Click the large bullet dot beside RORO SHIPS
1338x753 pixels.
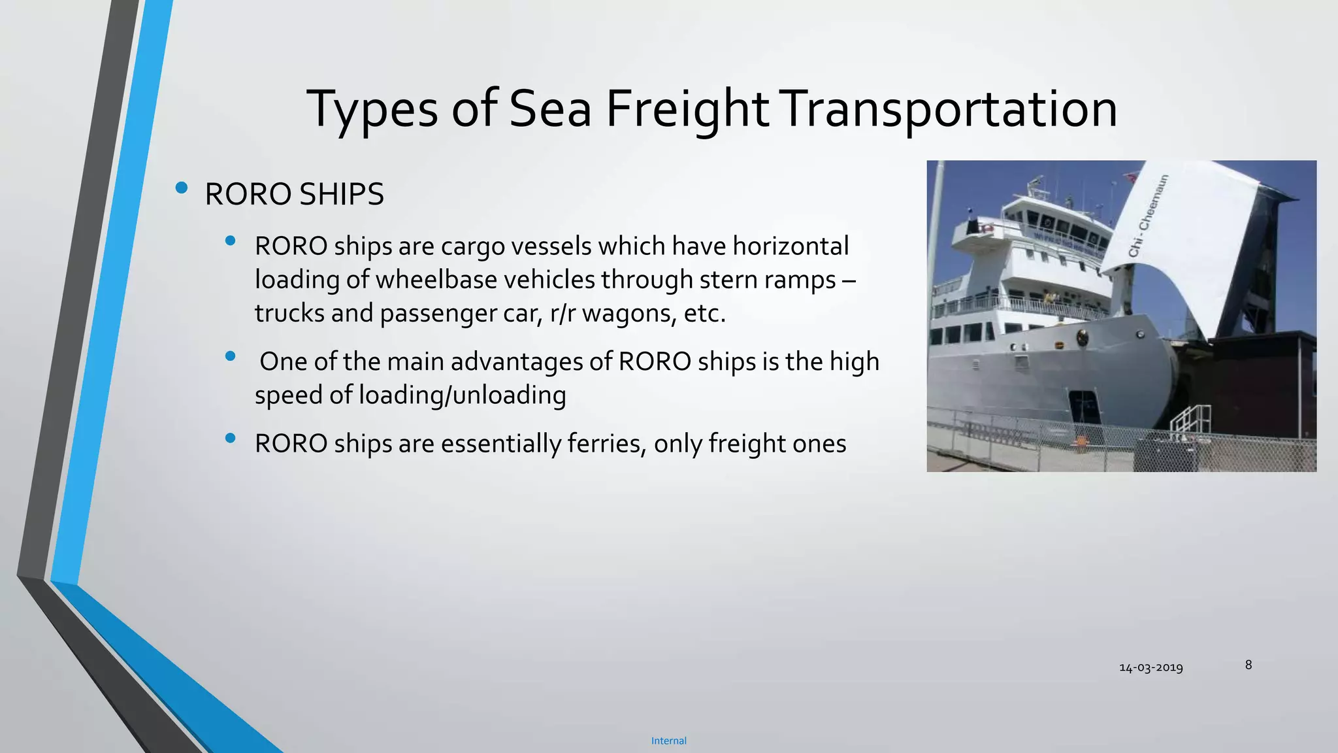pyautogui.click(x=182, y=189)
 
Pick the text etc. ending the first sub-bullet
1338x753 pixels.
pyautogui.click(x=704, y=314)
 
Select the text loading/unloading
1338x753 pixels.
pyautogui.click(x=463, y=395)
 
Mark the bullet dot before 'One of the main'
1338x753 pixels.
pyautogui.click(x=230, y=356)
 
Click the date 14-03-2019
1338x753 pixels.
pyautogui.click(x=1150, y=667)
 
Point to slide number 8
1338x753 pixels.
pyautogui.click(x=1248, y=665)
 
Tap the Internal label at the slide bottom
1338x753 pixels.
pyautogui.click(x=668, y=741)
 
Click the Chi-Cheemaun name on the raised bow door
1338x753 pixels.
pyautogui.click(x=1148, y=216)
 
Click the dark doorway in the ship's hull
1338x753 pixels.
pyautogui.click(x=1083, y=408)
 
